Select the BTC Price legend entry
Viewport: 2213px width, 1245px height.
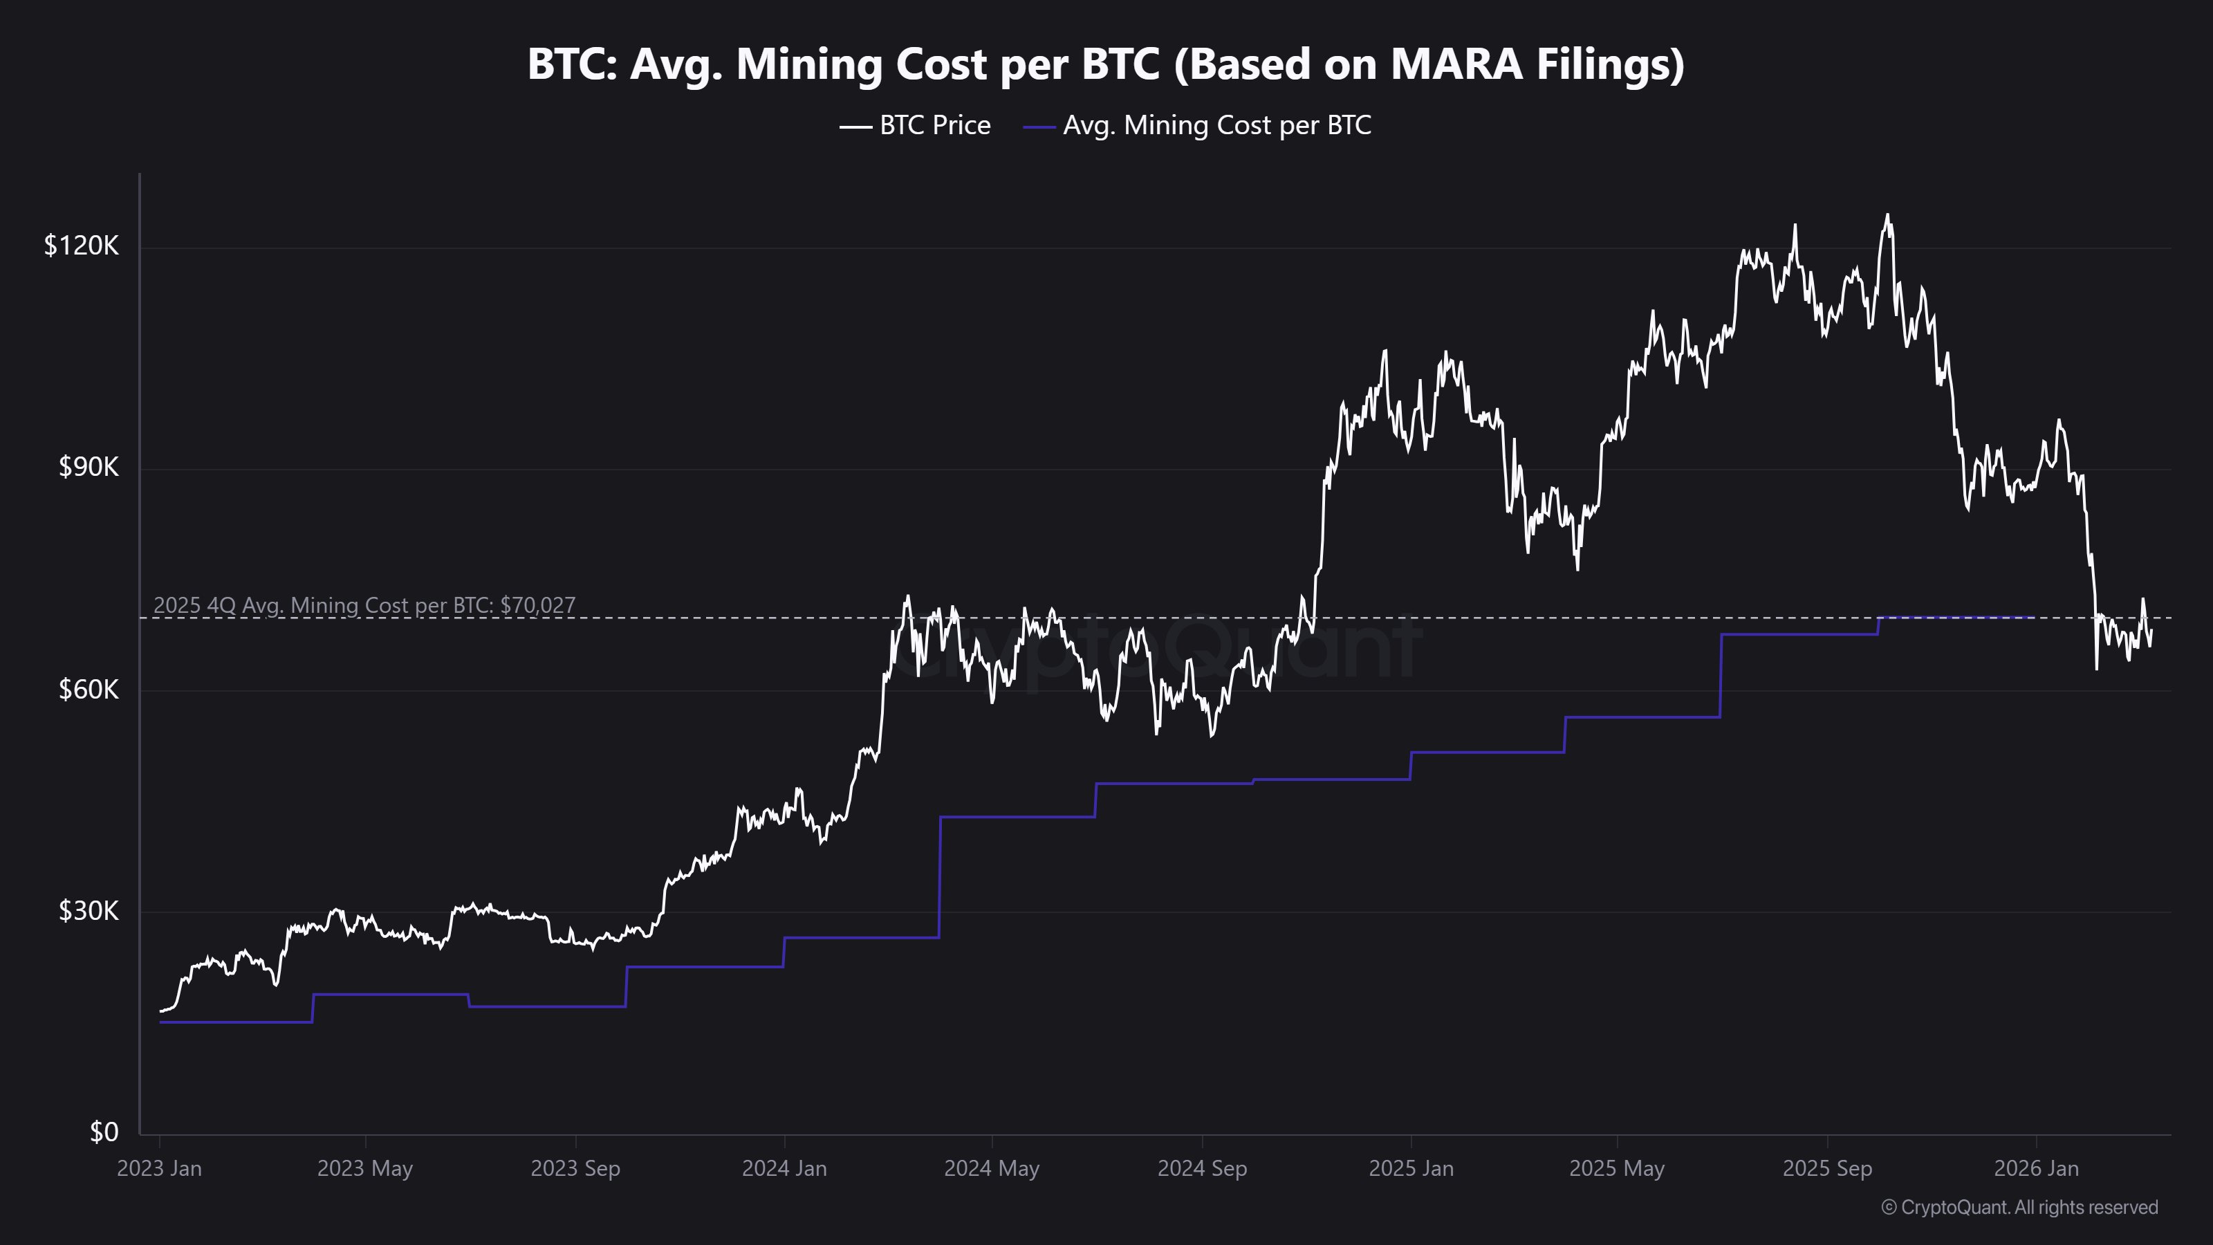coord(916,125)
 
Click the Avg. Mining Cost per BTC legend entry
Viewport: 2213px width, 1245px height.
coord(1198,125)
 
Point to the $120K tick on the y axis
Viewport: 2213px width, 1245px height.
coord(82,247)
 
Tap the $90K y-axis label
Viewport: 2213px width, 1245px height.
coord(89,468)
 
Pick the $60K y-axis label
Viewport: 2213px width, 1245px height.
coord(89,689)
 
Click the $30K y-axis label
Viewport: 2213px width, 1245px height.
coord(89,911)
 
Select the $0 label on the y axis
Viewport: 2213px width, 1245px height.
coord(104,1132)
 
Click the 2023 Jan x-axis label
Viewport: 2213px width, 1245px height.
coord(160,1168)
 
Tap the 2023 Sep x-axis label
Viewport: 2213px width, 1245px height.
coord(575,1168)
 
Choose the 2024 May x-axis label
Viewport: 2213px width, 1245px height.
coord(992,1168)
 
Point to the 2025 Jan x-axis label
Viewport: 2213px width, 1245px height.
coord(1411,1168)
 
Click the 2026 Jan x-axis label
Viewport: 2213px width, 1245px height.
coord(2035,1168)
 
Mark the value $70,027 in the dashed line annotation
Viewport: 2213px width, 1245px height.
coord(538,605)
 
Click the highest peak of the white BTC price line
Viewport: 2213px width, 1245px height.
coord(1887,215)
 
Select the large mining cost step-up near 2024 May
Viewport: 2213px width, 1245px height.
coord(940,876)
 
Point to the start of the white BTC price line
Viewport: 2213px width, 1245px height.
coord(160,1011)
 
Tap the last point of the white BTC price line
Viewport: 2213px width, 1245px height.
coord(2151,631)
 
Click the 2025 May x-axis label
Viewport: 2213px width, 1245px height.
coord(1617,1168)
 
